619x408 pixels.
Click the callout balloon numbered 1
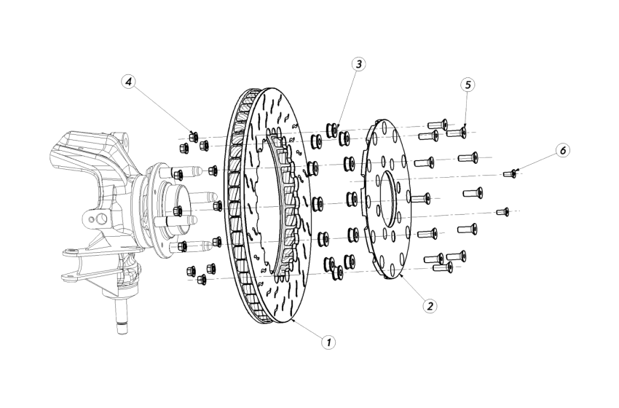point(329,340)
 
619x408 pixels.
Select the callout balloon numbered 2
point(431,305)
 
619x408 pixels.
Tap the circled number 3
point(358,64)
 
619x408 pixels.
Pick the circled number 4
point(129,82)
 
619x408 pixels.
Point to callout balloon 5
point(468,85)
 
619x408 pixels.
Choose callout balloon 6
point(562,150)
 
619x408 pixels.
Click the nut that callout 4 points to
point(194,135)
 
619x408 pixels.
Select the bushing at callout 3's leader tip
point(334,130)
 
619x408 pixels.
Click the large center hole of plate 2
point(386,197)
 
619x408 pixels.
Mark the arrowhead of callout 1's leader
point(291,319)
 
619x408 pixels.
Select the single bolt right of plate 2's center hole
point(421,197)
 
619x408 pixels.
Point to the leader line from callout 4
point(162,109)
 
